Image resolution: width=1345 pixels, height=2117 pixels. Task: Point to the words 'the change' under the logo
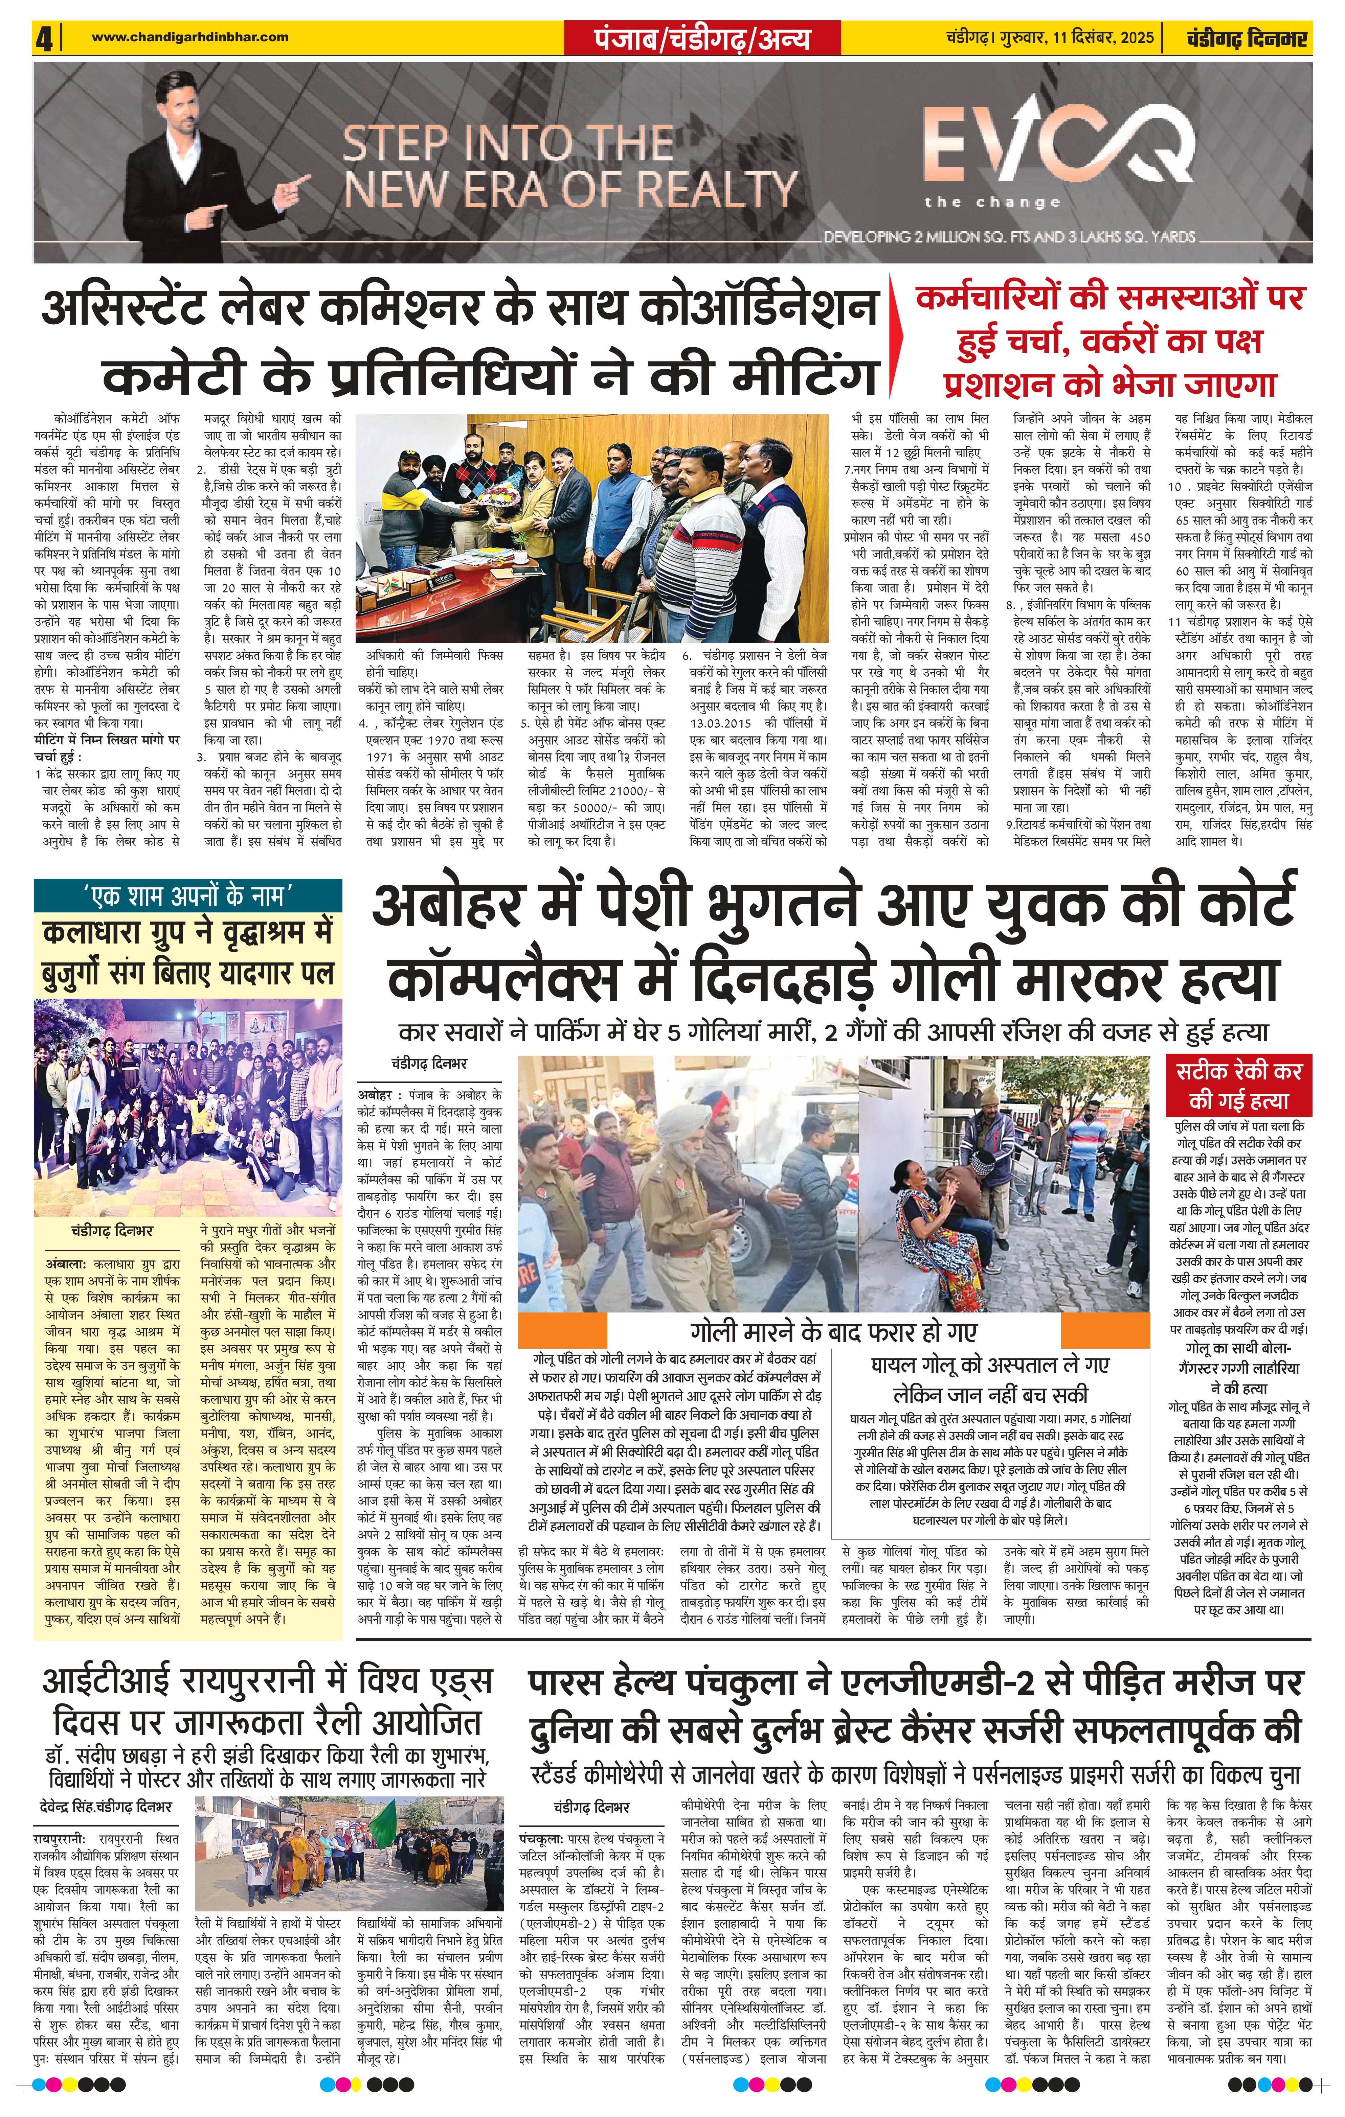pyautogui.click(x=992, y=202)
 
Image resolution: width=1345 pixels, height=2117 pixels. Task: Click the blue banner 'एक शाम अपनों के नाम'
pyautogui.click(x=186, y=895)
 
